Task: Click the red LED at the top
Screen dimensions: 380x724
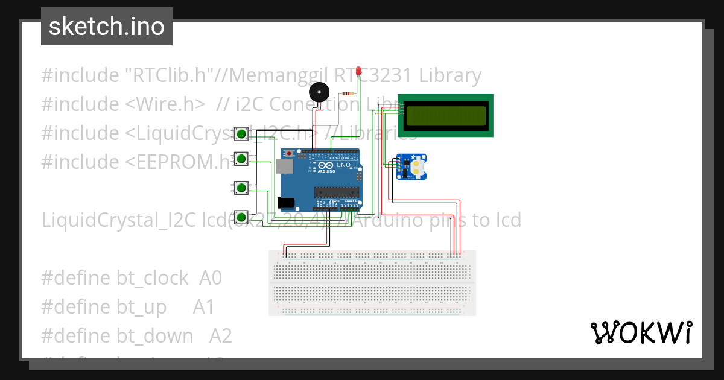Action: coord(359,71)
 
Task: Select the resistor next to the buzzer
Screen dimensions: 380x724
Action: coord(348,93)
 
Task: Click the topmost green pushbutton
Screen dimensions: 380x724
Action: coord(241,133)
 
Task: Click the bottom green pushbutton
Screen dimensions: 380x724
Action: coord(241,217)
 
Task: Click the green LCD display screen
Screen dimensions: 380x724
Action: coord(446,115)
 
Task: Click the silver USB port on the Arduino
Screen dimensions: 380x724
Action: coord(282,166)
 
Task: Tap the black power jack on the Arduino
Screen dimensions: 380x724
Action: coord(284,204)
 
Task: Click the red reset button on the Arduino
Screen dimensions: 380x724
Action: coord(290,154)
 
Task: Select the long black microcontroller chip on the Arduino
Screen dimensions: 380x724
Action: coord(336,192)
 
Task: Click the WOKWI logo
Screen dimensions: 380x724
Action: coord(641,332)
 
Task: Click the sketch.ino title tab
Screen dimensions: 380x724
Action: coord(107,27)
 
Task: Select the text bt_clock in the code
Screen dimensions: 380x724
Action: coord(153,278)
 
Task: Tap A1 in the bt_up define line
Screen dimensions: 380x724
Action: coord(204,307)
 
